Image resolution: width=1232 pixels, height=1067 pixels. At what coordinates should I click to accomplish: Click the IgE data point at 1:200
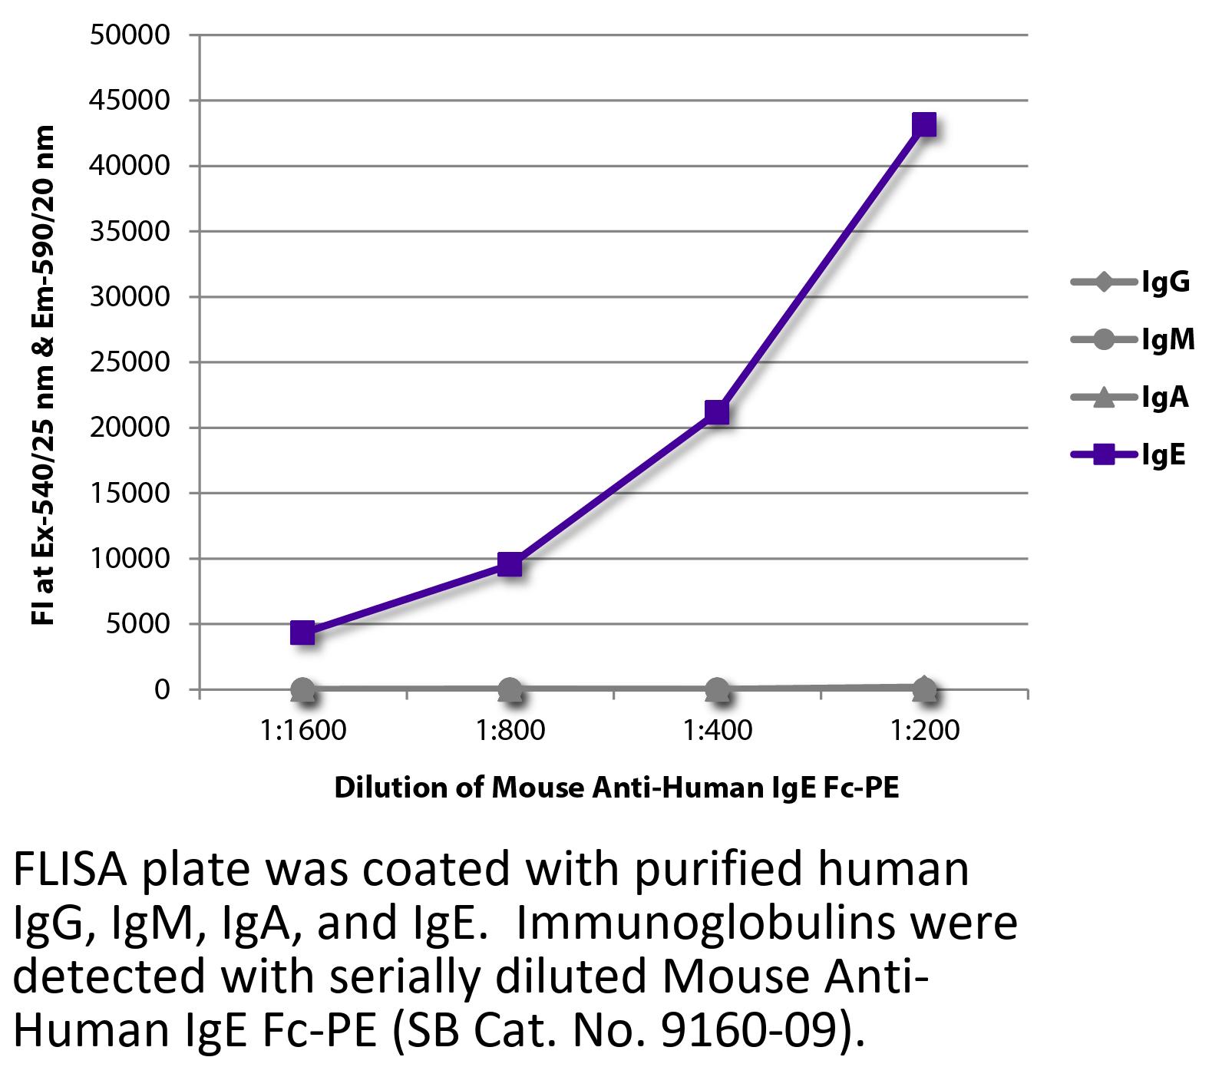pyautogui.click(x=924, y=124)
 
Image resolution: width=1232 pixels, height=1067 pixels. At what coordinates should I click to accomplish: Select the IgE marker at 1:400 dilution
pyautogui.click(x=716, y=412)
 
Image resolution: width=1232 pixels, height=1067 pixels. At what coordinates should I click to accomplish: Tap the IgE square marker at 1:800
pyautogui.click(x=510, y=565)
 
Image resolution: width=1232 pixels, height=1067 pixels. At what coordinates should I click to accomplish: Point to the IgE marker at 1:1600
pyautogui.click(x=302, y=633)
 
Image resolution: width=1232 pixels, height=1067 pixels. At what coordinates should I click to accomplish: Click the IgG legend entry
pyautogui.click(x=1131, y=282)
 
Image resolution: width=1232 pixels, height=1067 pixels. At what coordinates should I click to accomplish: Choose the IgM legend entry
pyautogui.click(x=1133, y=339)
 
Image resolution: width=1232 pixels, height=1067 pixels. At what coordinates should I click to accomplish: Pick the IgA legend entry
pyautogui.click(x=1130, y=397)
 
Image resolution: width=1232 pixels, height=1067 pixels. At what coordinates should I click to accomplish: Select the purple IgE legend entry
pyautogui.click(x=1128, y=454)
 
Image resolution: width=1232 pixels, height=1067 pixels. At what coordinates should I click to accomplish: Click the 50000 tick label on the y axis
pyautogui.click(x=129, y=35)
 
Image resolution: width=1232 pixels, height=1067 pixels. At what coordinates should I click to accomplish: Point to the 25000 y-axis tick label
pyautogui.click(x=129, y=362)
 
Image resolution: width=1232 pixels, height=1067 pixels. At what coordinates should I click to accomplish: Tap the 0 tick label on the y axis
pyautogui.click(x=161, y=689)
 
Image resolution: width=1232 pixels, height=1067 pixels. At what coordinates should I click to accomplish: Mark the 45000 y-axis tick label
pyautogui.click(x=129, y=101)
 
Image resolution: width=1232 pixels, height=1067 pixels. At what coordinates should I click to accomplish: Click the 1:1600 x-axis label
pyautogui.click(x=303, y=730)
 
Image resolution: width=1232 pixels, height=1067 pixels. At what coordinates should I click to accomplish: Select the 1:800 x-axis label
pyautogui.click(x=510, y=730)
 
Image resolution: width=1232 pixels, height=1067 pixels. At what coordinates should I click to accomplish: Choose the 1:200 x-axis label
pyautogui.click(x=925, y=730)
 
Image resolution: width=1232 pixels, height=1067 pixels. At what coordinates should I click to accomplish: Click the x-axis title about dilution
pyautogui.click(x=616, y=788)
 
